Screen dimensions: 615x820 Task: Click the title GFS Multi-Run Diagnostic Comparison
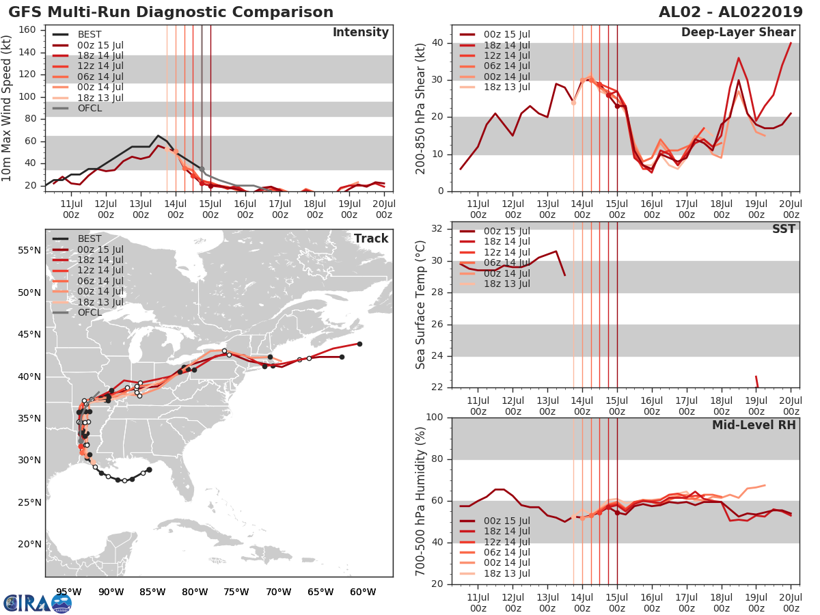(x=171, y=12)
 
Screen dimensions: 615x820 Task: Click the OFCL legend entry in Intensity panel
(x=88, y=108)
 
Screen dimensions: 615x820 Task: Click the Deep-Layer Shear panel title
(x=738, y=33)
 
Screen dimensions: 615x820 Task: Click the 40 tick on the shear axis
(x=439, y=43)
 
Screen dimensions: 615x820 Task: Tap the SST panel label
(x=783, y=229)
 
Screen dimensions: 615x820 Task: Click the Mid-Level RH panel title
(x=754, y=425)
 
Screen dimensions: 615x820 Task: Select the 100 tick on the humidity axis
(x=435, y=418)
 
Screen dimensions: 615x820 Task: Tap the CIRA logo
(x=38, y=603)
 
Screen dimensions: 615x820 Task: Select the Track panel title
(x=370, y=238)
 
